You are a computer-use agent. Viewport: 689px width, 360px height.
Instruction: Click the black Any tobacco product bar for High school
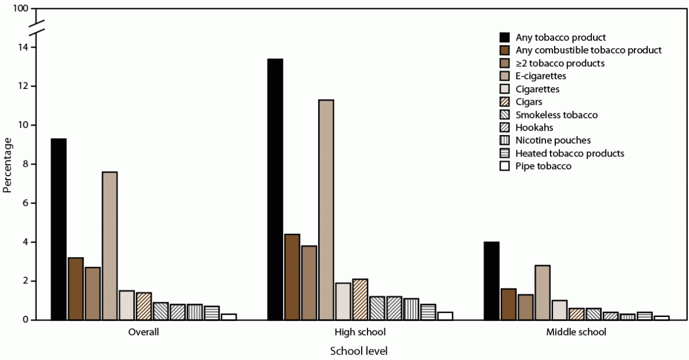274,189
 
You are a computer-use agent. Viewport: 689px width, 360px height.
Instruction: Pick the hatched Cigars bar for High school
360,299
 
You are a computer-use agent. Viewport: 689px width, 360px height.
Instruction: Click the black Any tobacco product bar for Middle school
491,280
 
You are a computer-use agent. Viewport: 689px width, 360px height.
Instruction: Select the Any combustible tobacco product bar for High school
292,276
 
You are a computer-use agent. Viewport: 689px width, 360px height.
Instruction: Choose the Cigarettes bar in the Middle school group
559,309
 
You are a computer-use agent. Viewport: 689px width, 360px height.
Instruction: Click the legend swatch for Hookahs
505,127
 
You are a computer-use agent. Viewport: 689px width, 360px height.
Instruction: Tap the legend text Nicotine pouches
553,140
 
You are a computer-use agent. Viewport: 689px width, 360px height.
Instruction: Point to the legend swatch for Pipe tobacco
505,166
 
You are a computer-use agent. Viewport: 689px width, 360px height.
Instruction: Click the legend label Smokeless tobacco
556,115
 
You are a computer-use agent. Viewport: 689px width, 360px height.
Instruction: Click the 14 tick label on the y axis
22,47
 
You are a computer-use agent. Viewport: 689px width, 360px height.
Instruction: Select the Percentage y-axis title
8,164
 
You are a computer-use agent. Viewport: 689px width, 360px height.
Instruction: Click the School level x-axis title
359,351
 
